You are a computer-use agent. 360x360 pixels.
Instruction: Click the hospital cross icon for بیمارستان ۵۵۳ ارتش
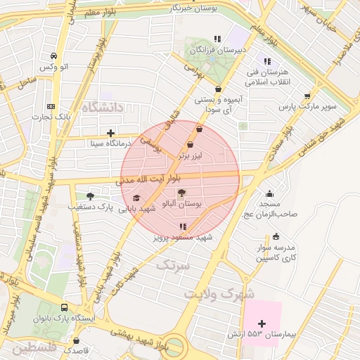click(262, 323)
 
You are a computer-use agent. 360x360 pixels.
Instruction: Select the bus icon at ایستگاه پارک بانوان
click(65, 308)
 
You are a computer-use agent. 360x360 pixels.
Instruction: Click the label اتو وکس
click(53, 66)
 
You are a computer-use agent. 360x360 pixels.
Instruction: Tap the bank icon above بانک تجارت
click(50, 105)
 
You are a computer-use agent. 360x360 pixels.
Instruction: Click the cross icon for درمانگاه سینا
click(110, 132)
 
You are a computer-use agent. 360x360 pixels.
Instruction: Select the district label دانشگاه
click(102, 107)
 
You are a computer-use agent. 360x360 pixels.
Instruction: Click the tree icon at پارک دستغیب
click(89, 196)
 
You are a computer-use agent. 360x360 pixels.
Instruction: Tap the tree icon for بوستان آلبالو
click(182, 193)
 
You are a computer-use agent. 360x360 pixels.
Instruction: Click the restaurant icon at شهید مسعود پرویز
click(183, 226)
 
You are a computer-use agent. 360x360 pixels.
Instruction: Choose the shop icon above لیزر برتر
click(191, 144)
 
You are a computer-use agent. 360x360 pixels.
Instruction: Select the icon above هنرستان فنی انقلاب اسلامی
click(266, 60)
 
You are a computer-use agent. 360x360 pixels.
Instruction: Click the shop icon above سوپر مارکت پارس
click(307, 96)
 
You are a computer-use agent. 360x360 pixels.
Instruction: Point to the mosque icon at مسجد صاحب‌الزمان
click(270, 194)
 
